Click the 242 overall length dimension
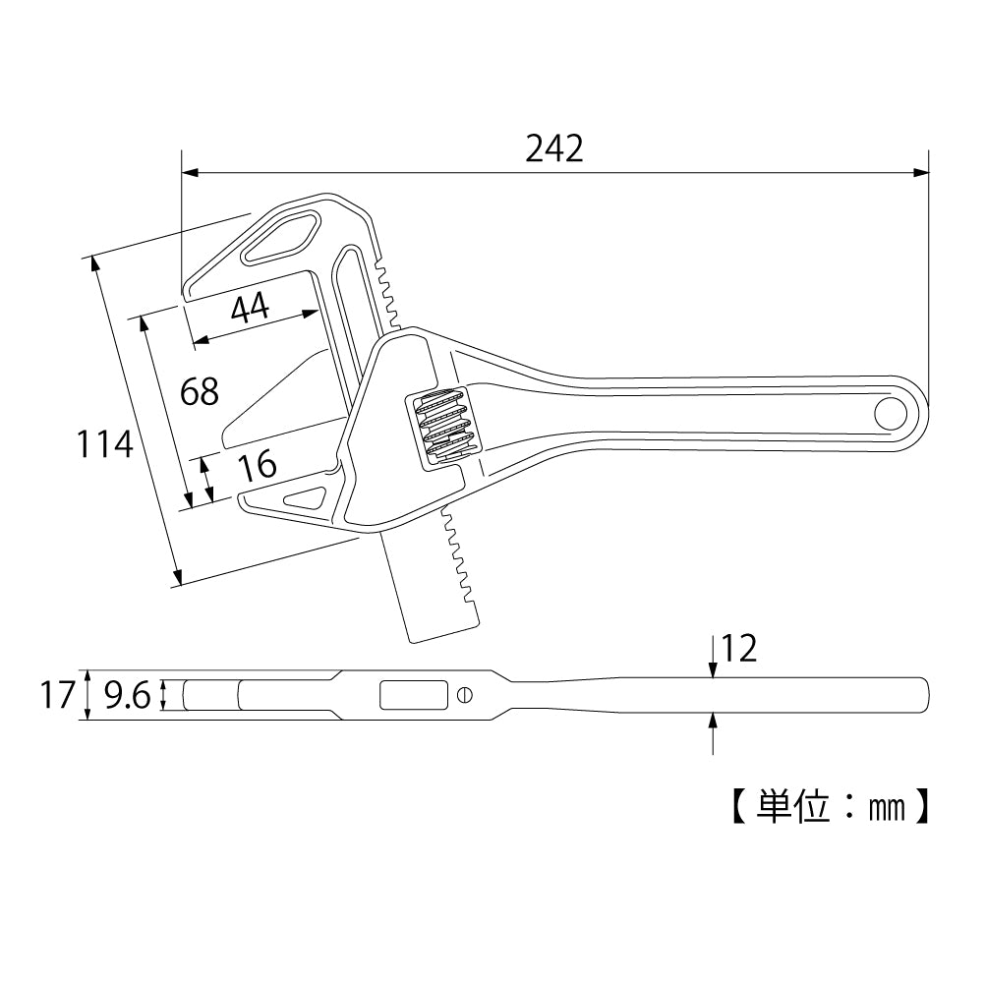coord(553,147)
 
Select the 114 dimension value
coord(105,445)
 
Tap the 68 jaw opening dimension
coord(200,391)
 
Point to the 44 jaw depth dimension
coord(250,309)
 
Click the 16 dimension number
coord(258,465)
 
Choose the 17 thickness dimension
coord(58,696)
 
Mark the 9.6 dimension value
coord(127,696)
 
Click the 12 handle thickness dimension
coord(738,649)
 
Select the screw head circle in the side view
coord(465,696)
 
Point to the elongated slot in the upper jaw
coord(281,238)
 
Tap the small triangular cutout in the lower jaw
coord(307,498)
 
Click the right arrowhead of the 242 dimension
coord(921,173)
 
